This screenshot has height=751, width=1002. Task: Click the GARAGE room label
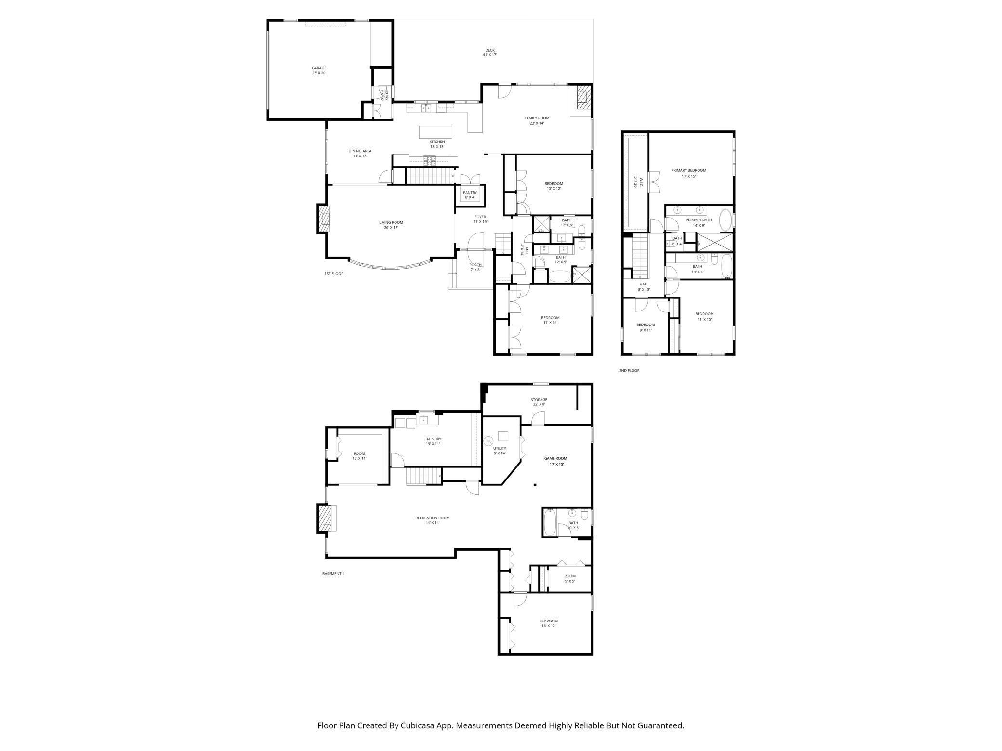click(319, 70)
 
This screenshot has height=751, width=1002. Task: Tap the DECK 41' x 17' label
click(489, 52)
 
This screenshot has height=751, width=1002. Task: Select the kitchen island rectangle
click(435, 132)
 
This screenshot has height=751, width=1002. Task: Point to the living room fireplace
click(324, 219)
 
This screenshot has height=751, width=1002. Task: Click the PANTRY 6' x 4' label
click(470, 195)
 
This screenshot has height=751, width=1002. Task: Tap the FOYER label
click(480, 217)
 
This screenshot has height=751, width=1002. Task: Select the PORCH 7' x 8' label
click(475, 267)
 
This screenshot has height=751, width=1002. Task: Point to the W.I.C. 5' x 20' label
click(635, 182)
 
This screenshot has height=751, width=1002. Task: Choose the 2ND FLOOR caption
click(629, 371)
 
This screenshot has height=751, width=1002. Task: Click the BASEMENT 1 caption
click(333, 574)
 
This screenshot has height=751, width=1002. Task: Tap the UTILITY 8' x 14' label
click(500, 451)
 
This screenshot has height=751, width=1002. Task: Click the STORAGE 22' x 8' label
click(539, 402)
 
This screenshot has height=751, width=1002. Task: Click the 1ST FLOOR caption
click(334, 274)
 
